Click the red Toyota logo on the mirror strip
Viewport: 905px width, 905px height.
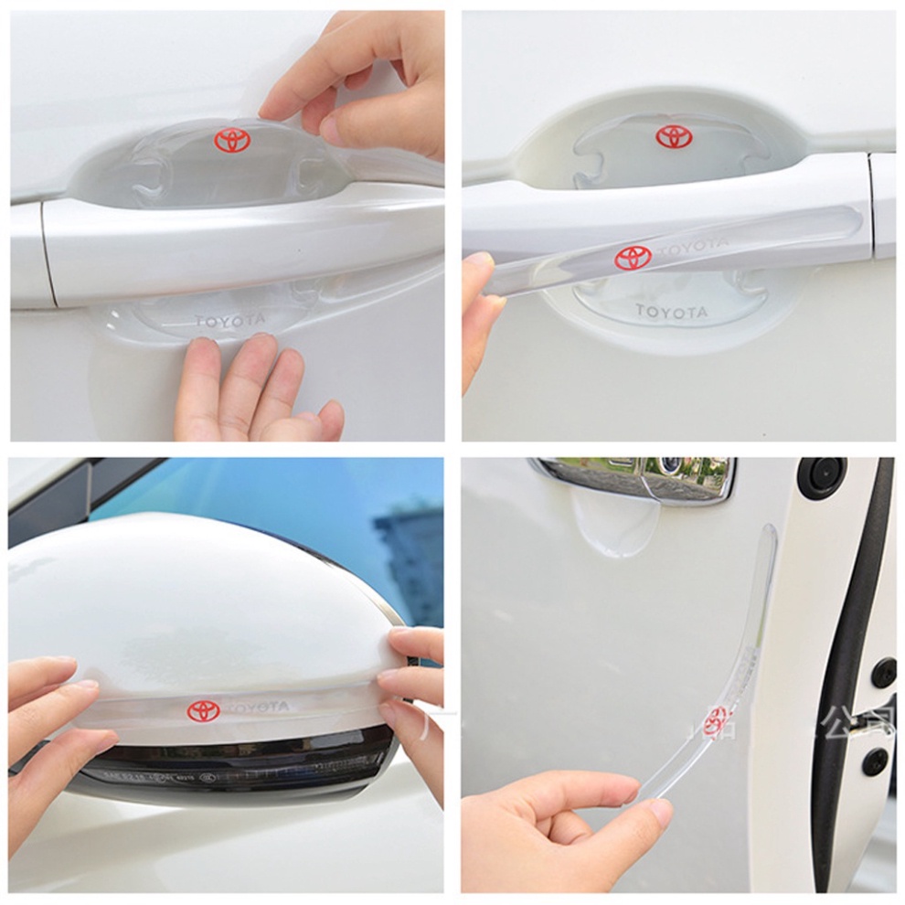pos(203,710)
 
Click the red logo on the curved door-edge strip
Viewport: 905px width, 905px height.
pos(717,719)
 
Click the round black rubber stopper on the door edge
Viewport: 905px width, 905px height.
pos(822,476)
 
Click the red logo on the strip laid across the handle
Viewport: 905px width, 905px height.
pos(633,258)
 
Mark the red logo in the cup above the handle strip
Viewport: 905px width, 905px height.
pos(674,137)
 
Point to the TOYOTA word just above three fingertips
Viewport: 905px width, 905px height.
pos(229,321)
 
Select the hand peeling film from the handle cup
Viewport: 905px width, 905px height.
pos(366,82)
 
